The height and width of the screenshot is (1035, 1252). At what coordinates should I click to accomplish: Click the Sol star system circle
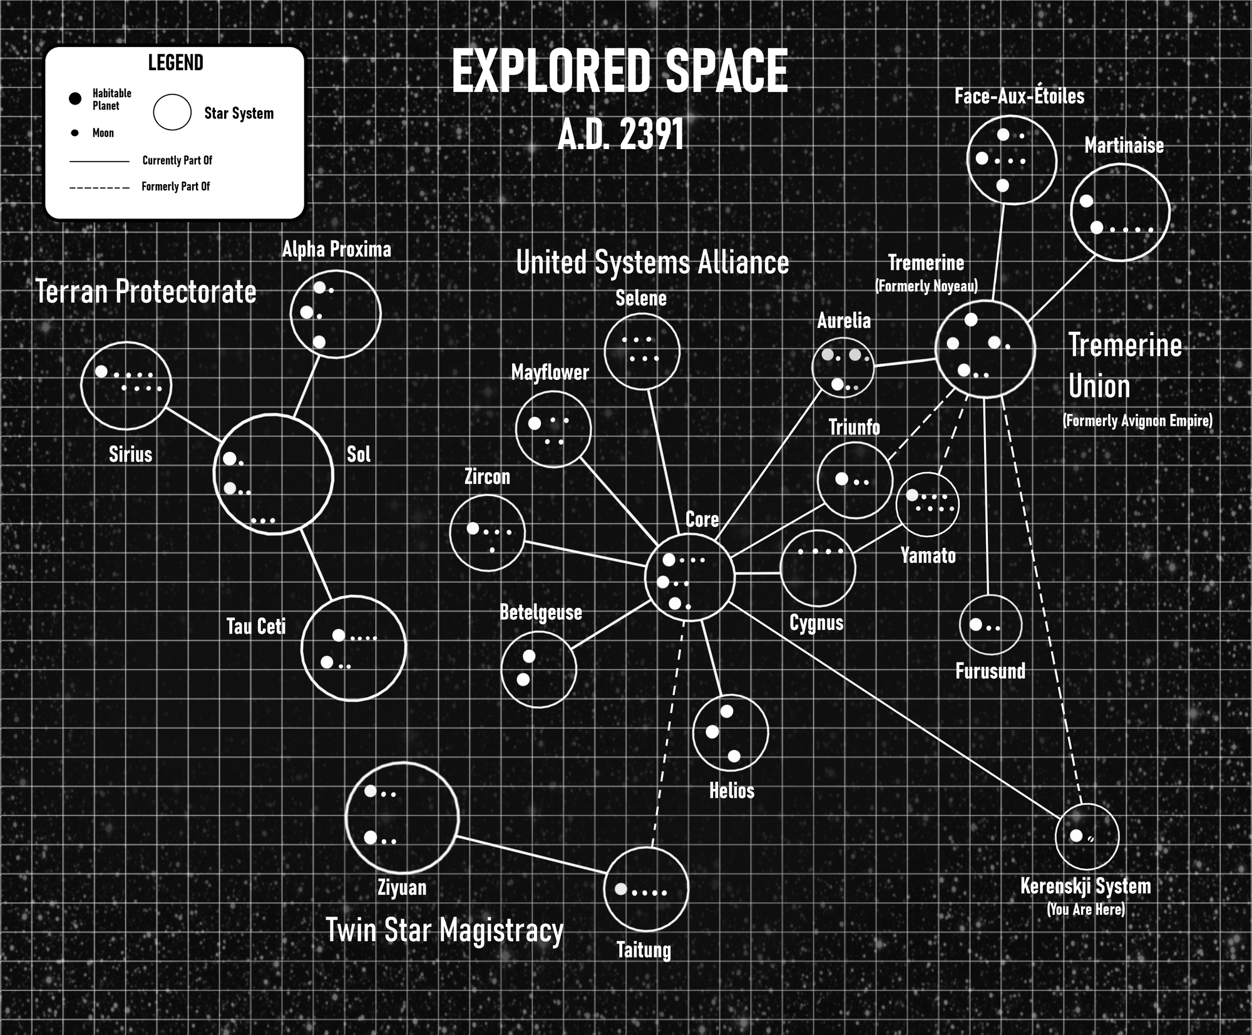[274, 415]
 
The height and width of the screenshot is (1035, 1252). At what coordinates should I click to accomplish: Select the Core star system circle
[689, 535]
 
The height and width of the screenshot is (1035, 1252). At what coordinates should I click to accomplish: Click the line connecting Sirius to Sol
[193, 425]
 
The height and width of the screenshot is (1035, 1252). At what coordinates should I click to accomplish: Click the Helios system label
[731, 791]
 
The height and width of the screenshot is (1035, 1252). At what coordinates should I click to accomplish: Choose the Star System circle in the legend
[172, 95]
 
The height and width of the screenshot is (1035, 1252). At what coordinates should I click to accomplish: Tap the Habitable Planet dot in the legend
[75, 99]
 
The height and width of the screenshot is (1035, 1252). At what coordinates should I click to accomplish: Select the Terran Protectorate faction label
[146, 292]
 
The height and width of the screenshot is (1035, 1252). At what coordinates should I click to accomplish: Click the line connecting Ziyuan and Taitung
[531, 855]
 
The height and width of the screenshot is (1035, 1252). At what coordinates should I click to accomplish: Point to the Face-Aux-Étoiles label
[1019, 96]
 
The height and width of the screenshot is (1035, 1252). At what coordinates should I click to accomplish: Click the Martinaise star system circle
[1120, 165]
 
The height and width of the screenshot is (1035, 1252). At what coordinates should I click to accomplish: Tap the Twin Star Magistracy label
[444, 930]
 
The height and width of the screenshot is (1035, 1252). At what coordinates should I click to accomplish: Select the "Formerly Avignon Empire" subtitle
[1137, 421]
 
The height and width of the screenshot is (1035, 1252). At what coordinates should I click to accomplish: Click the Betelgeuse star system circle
[538, 632]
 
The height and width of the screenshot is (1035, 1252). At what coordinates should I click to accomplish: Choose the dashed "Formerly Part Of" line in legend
[100, 188]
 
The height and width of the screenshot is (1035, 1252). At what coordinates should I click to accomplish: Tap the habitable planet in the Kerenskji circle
[1076, 836]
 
